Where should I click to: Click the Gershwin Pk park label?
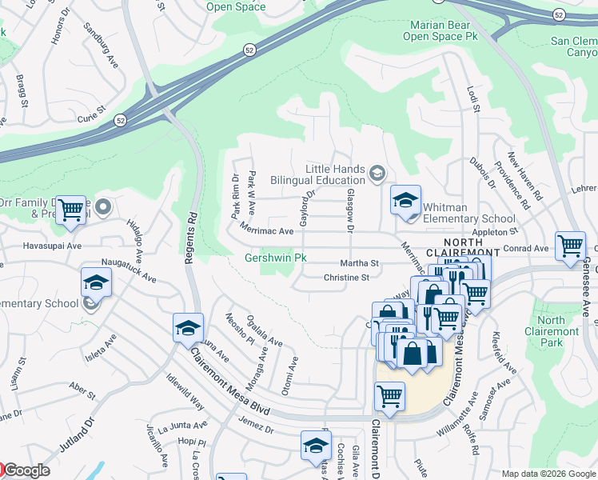(x=276, y=258)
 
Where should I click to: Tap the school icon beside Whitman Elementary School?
(x=405, y=201)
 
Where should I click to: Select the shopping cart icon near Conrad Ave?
(x=570, y=246)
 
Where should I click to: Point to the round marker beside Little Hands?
(x=377, y=171)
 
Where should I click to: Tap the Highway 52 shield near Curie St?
(x=120, y=121)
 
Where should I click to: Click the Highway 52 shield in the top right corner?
(x=560, y=15)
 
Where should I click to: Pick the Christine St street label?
(x=346, y=278)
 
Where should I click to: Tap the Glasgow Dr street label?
(x=349, y=211)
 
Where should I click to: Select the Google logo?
(x=24, y=471)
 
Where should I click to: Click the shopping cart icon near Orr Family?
(x=71, y=210)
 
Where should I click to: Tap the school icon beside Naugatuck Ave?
(x=96, y=283)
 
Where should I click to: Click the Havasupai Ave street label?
(x=53, y=246)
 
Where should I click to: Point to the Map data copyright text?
(x=548, y=474)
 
